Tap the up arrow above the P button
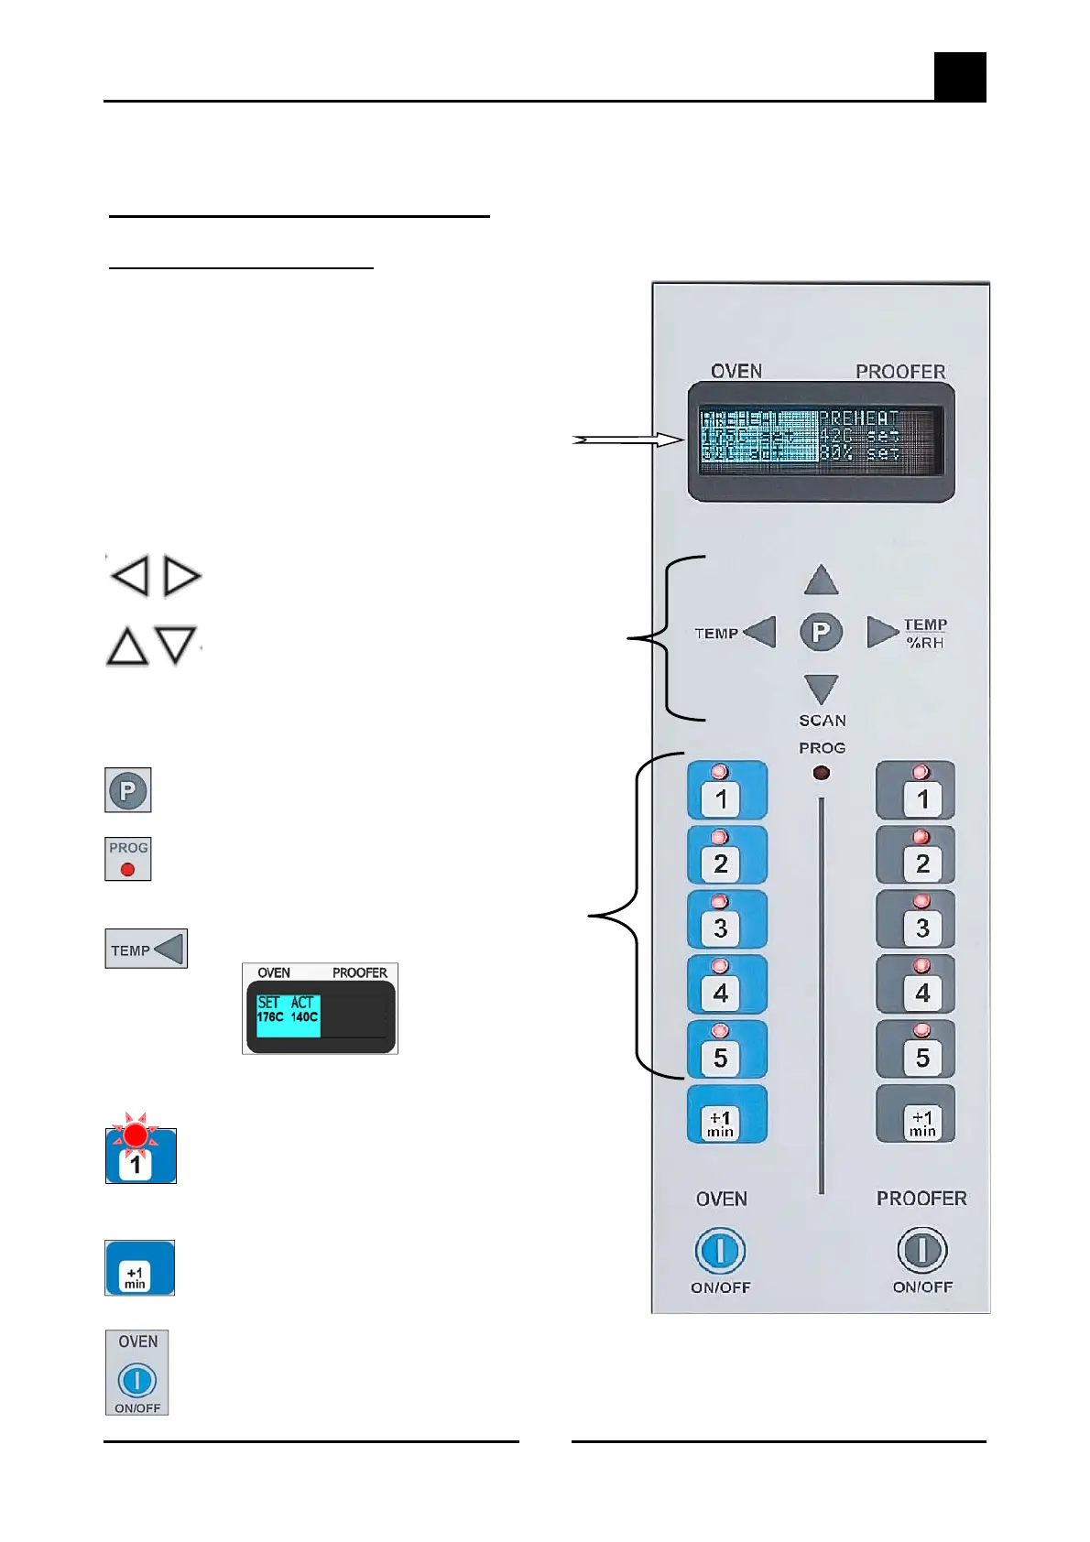[821, 581]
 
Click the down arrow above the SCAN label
[821, 689]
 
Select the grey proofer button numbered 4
[916, 984]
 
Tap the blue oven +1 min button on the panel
[726, 1114]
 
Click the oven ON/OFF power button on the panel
[720, 1251]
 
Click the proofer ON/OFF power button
[921, 1250]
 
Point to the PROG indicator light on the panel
[822, 773]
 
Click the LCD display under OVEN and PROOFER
[821, 441]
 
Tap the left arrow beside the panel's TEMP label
[760, 632]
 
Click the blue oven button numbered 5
[726, 1049]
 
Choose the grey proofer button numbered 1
[916, 791]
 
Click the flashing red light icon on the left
[136, 1136]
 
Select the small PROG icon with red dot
[128, 859]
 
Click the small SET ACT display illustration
[320, 1009]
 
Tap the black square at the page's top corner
[960, 77]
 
